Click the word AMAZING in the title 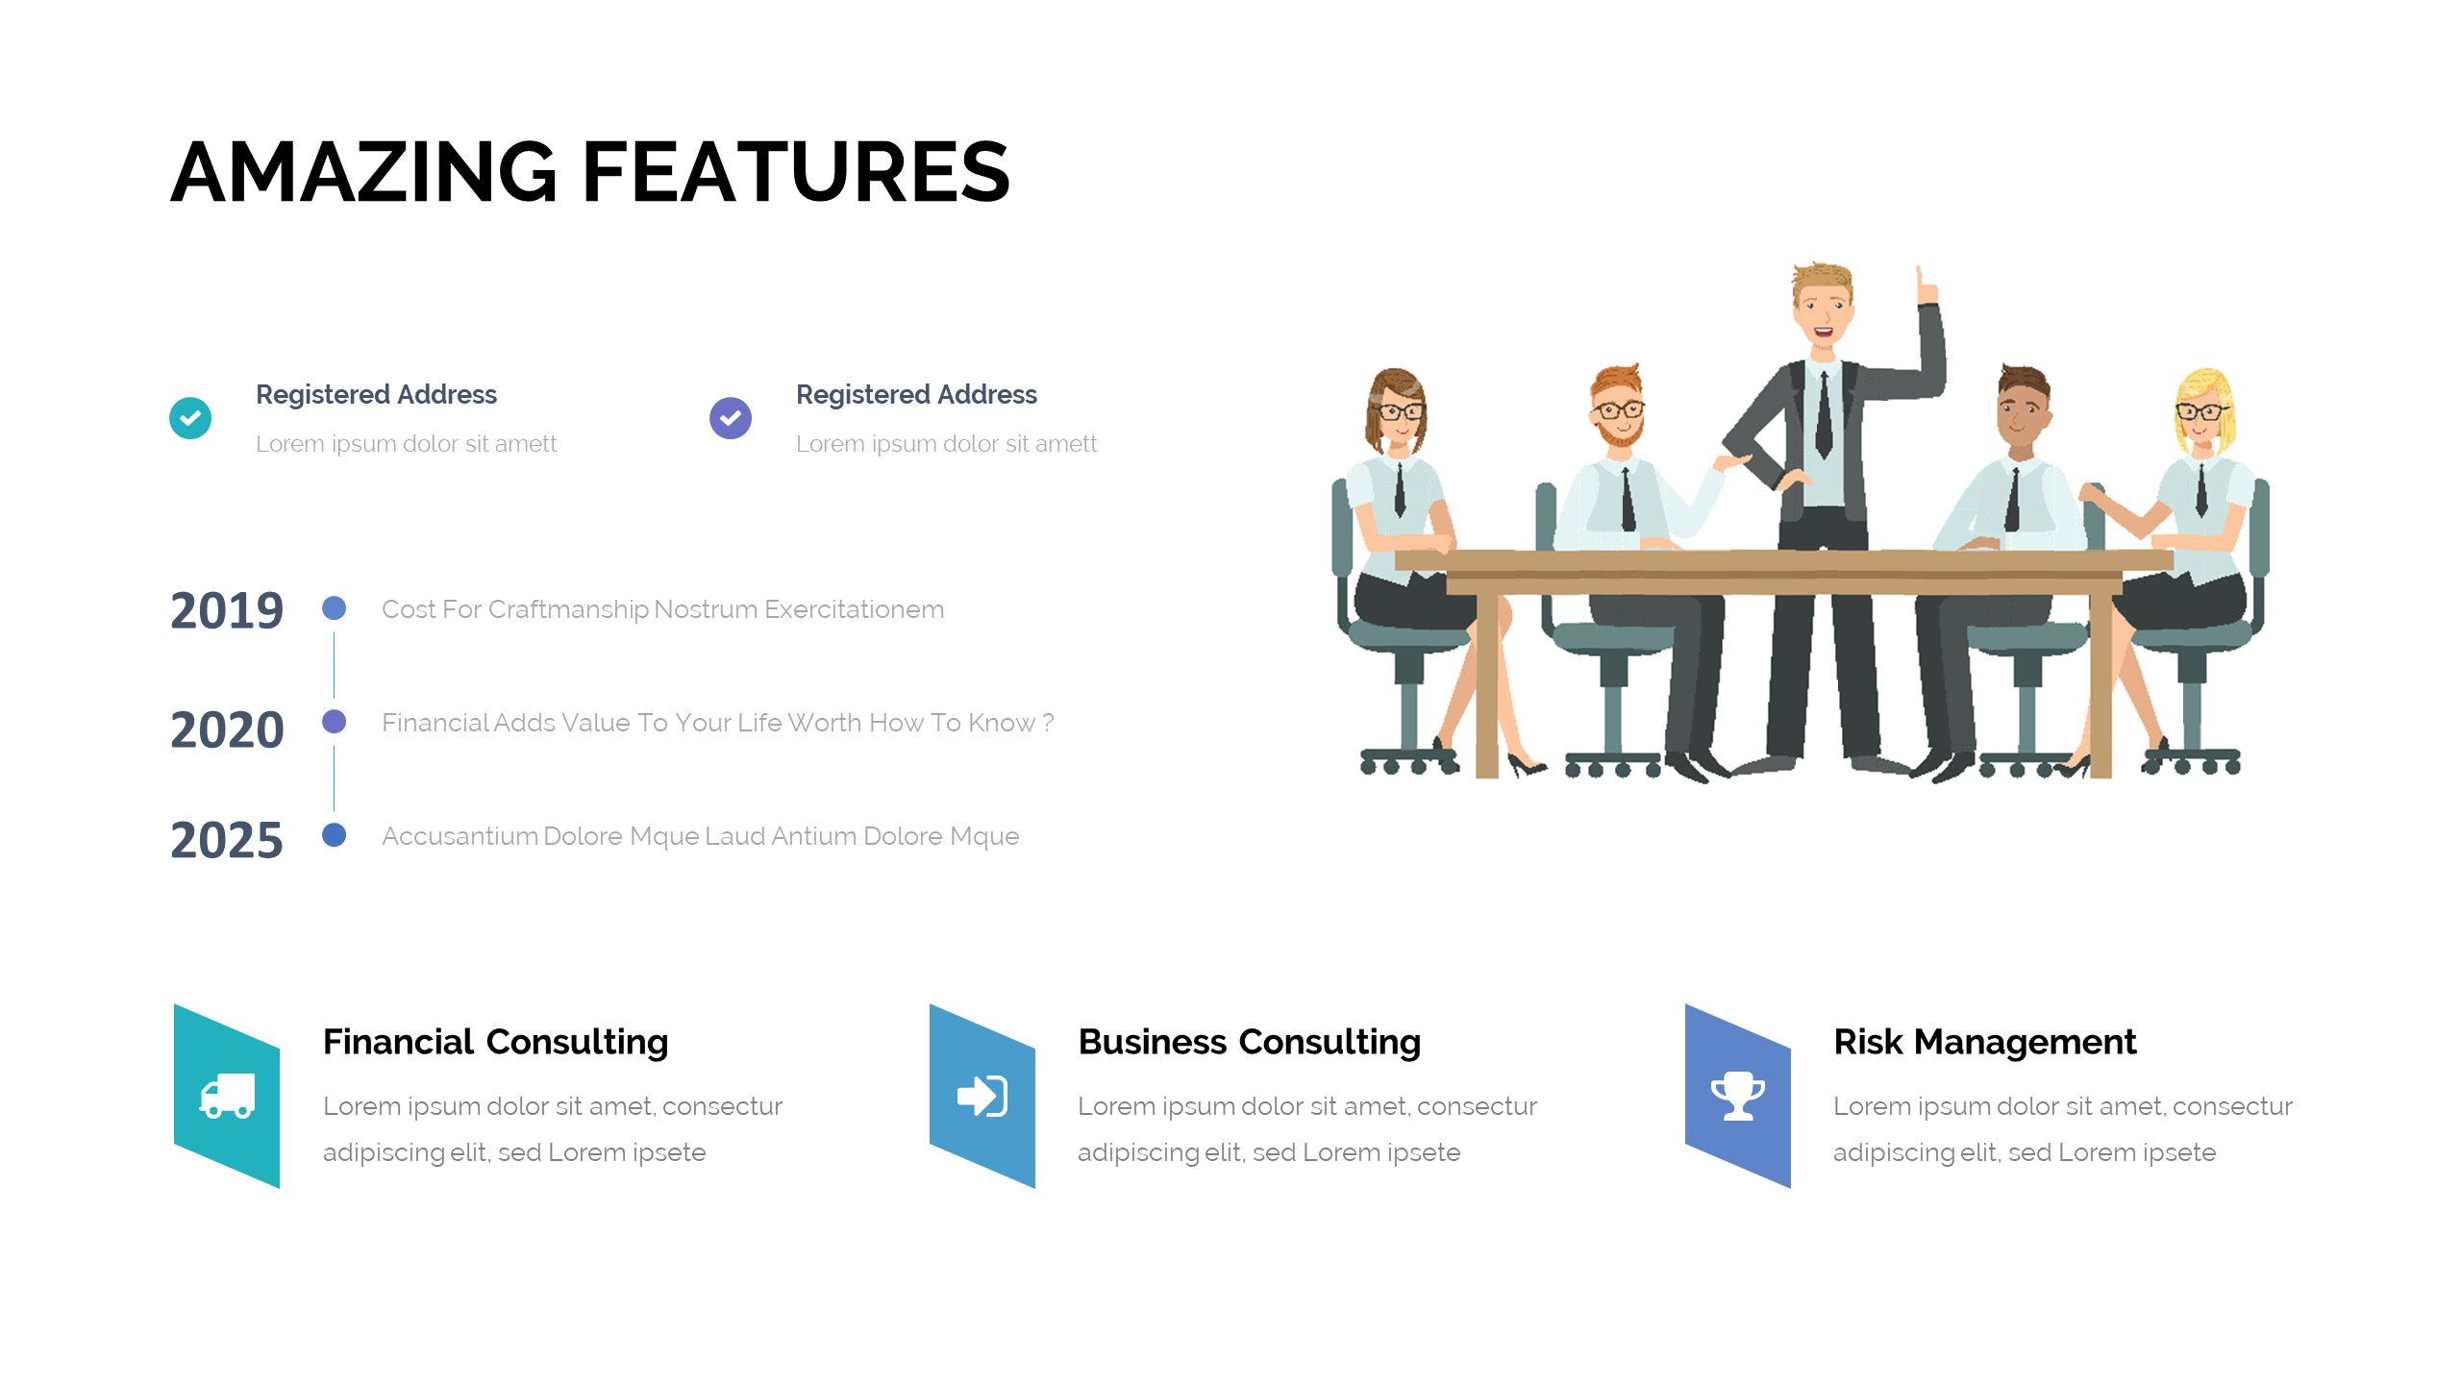click(364, 172)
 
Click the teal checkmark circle click(190, 418)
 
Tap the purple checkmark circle click(731, 418)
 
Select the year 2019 click(227, 610)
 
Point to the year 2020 click(227, 729)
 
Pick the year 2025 click(227, 840)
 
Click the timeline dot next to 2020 click(334, 722)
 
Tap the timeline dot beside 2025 click(334, 835)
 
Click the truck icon click(227, 1096)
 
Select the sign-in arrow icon click(982, 1096)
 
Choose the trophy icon click(1738, 1096)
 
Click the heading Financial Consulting click(495, 1042)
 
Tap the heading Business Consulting click(1250, 1042)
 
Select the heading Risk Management click(1985, 1042)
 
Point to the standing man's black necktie click(1824, 415)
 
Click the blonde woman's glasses click(2200, 412)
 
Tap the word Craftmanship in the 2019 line click(568, 609)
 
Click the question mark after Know click(1048, 722)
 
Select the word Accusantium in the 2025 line click(460, 836)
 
